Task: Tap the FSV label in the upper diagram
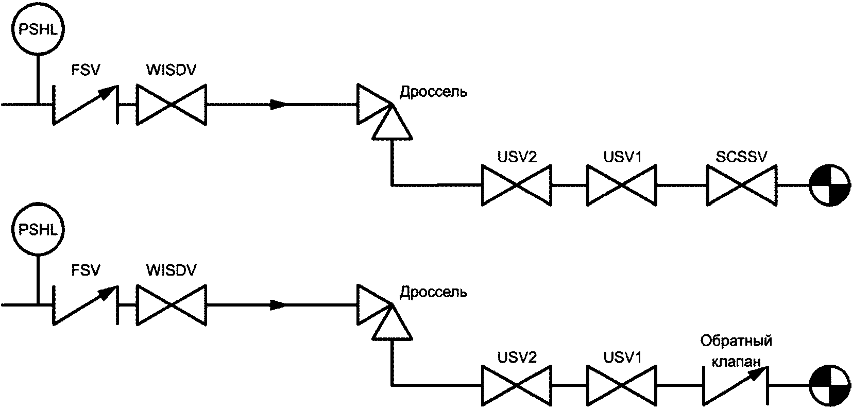86,70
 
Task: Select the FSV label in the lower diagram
86,270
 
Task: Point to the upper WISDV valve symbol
171,105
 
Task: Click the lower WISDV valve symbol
171,305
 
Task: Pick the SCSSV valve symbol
742,185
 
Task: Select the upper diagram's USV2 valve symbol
516,185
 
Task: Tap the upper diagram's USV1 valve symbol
622,185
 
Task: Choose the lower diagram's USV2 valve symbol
516,385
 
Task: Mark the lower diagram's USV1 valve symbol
622,385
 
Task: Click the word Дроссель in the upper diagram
434,93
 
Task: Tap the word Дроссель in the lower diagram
434,293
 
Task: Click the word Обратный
736,342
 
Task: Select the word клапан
736,362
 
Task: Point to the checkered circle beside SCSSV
830,185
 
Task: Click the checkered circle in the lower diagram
830,385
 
